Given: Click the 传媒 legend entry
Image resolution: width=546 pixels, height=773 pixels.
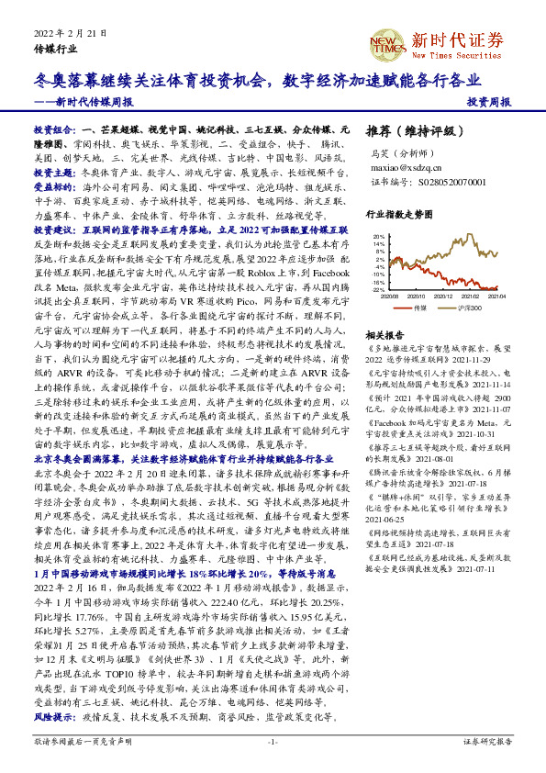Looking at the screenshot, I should point(421,308).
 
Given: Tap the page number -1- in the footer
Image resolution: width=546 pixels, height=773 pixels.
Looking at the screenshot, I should point(273,741).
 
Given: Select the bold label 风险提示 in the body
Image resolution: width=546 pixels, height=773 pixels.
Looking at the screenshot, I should point(54,713).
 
